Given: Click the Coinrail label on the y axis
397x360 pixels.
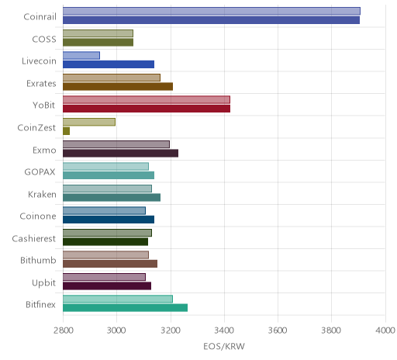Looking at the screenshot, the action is [40, 17].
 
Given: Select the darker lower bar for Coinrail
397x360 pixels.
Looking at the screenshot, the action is [211, 20].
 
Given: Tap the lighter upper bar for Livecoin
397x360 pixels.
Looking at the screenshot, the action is [81, 56].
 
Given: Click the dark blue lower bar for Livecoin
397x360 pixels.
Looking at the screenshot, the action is [109, 64].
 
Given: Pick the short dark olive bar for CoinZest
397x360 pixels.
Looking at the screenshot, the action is [66, 131].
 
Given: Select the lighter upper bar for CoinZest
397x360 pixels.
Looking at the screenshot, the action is [89, 122].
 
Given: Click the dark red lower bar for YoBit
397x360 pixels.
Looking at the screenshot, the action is [147, 109].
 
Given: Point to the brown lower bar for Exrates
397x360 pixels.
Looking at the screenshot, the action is [118, 87].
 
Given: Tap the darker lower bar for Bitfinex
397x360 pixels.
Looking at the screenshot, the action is [125, 308].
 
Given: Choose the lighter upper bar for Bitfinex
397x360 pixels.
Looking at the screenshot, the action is [118, 299].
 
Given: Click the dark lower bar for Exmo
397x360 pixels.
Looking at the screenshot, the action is [120, 154].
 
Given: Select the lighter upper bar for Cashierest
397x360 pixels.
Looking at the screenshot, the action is [107, 233].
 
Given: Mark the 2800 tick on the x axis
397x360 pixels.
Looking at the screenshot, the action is [64, 331].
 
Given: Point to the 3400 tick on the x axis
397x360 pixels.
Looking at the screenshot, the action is [224, 331].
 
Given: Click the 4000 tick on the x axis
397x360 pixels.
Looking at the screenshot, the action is [385, 331].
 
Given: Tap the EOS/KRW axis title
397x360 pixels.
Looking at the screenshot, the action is [224, 346].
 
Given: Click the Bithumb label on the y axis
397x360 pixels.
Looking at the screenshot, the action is [38, 260].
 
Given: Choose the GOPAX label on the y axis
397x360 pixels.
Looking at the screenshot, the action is [40, 172].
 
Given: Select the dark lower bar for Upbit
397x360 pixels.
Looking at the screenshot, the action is [107, 286].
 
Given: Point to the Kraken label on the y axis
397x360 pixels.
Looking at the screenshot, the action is [42, 194].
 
